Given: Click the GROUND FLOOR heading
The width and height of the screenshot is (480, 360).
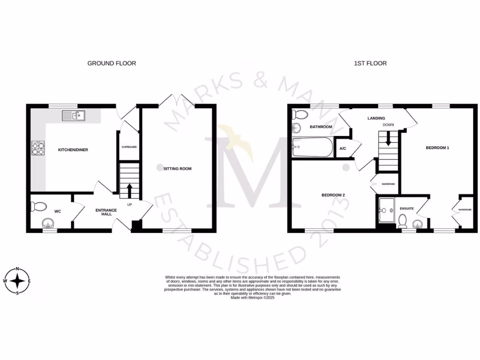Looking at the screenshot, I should [112, 63].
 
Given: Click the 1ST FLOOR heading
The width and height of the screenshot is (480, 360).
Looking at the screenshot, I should [370, 63].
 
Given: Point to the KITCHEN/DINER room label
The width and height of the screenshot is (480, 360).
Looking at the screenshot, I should [73, 150].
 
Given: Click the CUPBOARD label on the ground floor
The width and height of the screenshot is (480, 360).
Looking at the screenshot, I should [129, 147].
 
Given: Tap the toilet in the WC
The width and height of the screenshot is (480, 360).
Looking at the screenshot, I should [38, 206].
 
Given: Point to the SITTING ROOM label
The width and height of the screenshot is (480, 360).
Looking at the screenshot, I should [177, 169].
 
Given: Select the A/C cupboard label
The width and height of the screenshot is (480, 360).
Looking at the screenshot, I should [343, 149].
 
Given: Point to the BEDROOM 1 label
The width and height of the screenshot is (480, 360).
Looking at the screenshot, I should [437, 148].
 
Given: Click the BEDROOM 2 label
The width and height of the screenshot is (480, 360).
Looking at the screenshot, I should [333, 195].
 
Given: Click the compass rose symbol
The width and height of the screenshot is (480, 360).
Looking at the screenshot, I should [18, 281].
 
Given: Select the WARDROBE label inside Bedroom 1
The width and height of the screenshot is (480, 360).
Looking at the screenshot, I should [465, 210].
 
